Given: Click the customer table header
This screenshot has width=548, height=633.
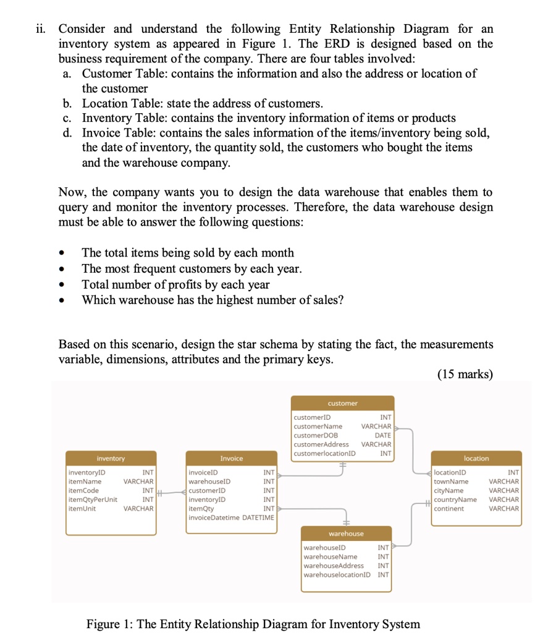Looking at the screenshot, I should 342,403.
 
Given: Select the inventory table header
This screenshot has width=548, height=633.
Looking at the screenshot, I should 111,458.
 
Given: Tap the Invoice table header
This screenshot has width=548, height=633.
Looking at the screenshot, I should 232,458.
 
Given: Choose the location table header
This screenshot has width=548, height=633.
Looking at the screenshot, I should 476,458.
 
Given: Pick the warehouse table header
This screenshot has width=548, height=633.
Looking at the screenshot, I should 346,533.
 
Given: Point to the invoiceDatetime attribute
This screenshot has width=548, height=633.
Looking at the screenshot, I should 216,517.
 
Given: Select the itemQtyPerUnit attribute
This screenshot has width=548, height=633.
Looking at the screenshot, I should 93,499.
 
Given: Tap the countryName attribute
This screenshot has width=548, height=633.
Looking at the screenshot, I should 455,499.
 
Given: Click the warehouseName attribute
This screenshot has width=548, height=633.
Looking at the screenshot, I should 331,556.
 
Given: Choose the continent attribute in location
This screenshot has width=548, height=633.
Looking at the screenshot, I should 449,508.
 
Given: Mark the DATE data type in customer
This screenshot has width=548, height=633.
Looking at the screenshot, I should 383,435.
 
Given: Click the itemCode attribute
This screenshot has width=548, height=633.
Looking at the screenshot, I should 83,490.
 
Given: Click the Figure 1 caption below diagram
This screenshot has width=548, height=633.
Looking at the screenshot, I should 253,623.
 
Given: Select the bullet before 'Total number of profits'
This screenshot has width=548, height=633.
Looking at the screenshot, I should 61,285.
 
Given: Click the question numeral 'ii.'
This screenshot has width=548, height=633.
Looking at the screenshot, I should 43,29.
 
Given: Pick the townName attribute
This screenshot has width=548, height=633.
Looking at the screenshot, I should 451,481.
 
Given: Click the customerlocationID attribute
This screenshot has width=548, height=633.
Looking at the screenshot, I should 324,453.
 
